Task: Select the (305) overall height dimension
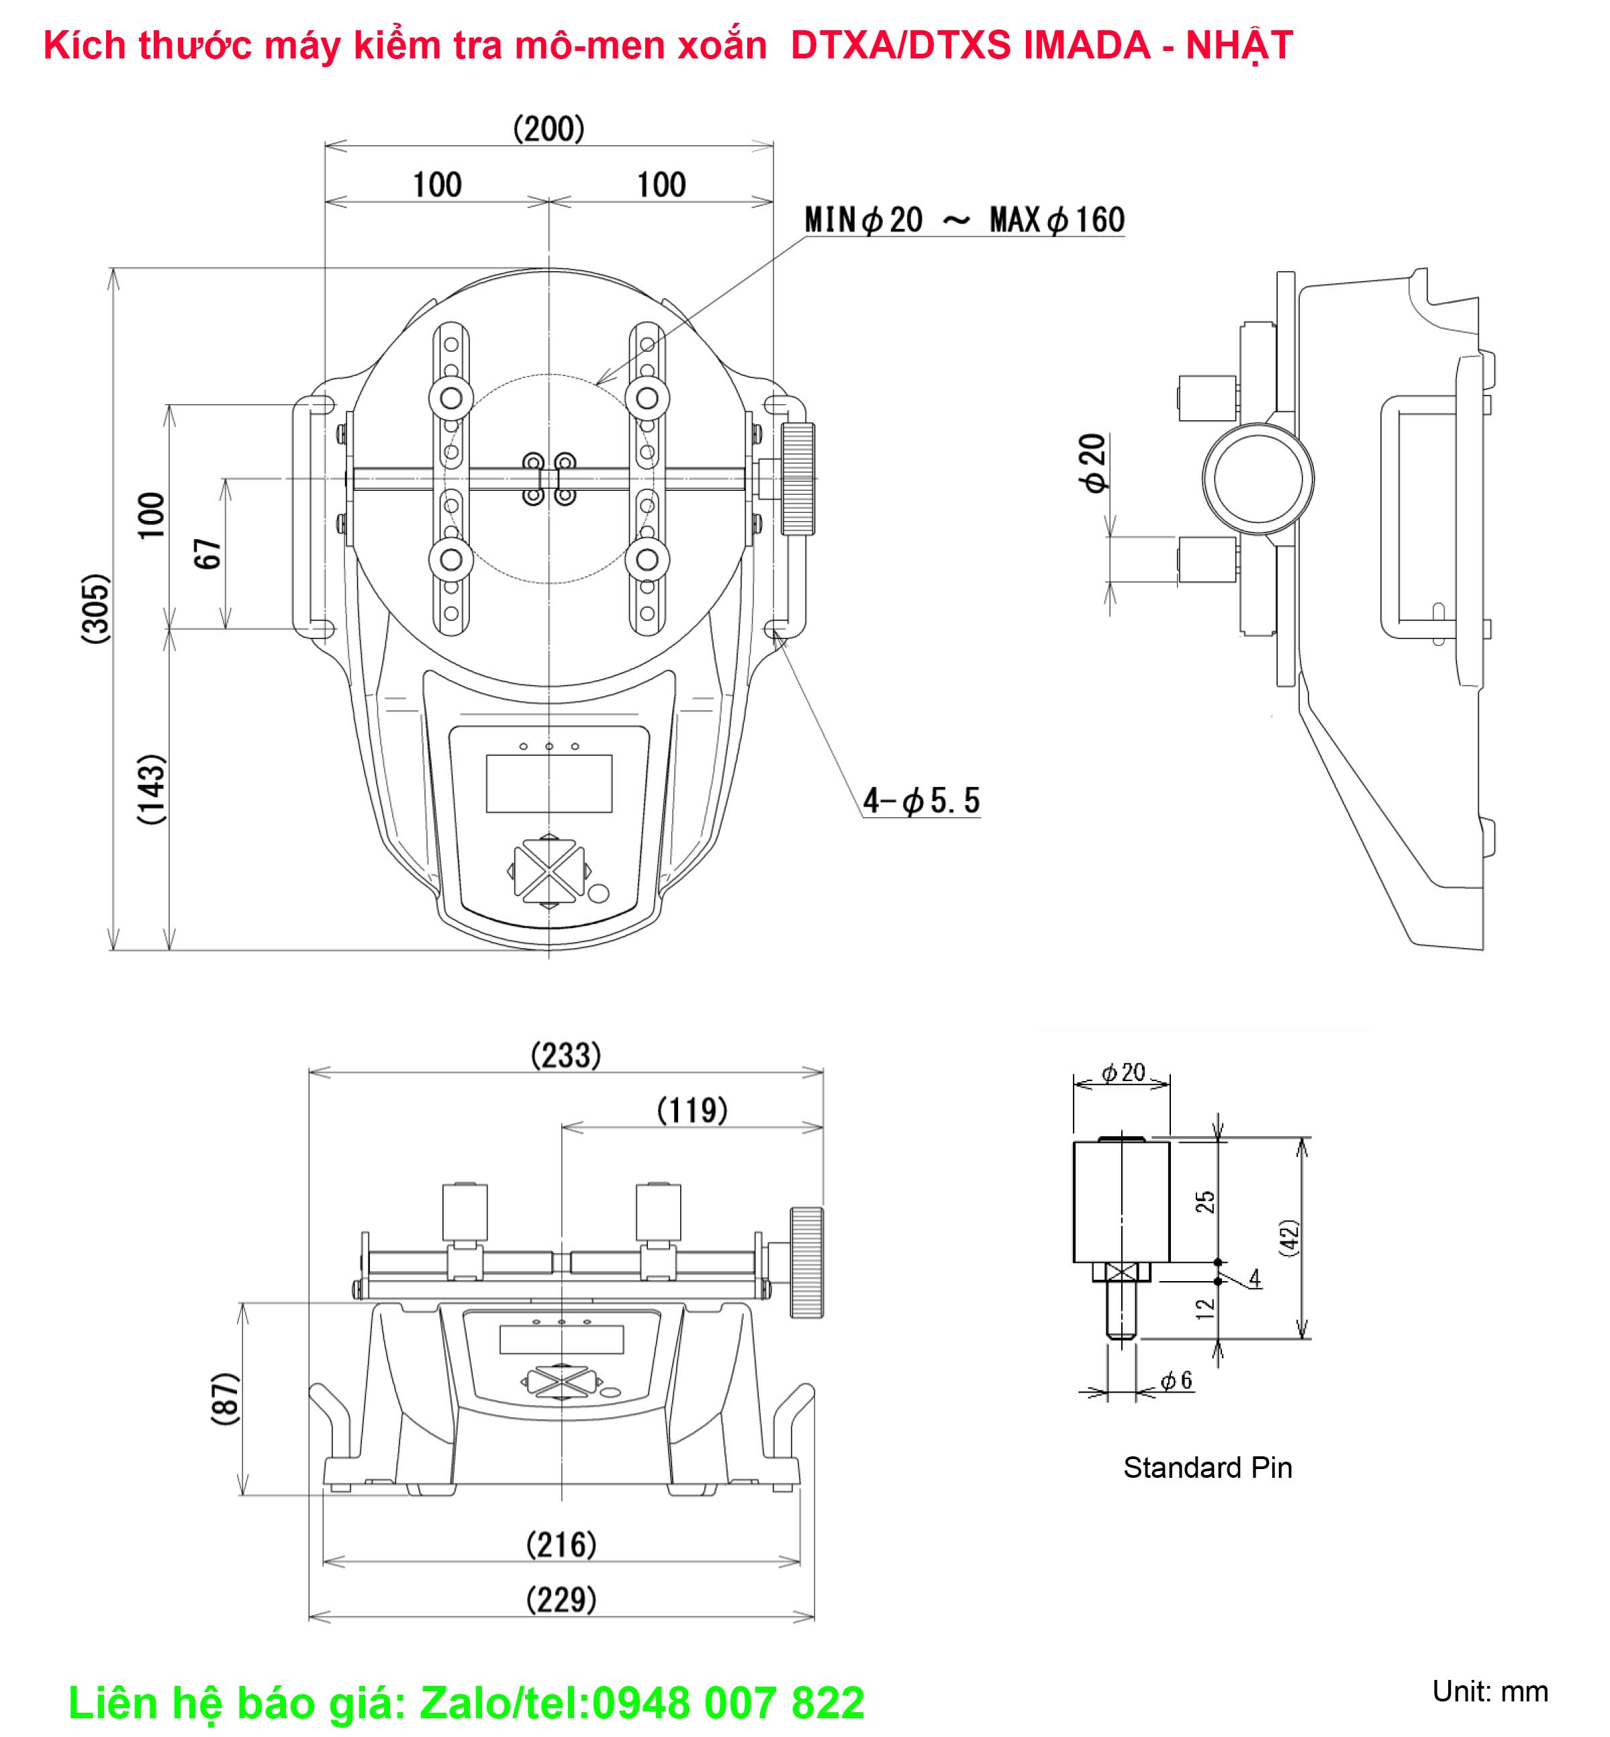coord(96,608)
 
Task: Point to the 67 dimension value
coord(207,554)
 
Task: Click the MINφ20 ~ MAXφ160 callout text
coord(964,220)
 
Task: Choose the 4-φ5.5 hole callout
coord(922,800)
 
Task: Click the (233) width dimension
coord(565,1055)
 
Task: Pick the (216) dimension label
coord(561,1546)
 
